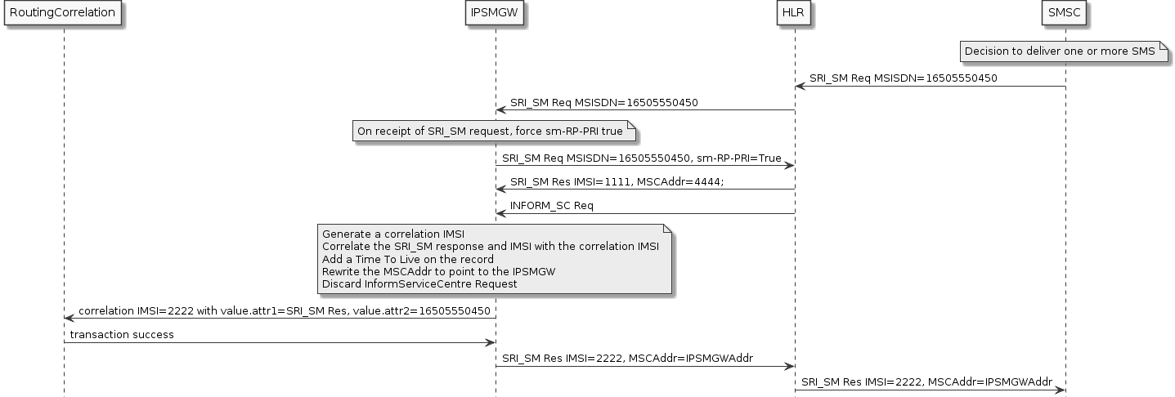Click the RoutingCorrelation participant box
pos(63,13)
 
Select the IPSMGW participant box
pos(495,13)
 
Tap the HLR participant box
pos(794,13)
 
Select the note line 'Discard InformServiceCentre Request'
pos(419,284)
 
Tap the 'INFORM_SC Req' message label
pos(552,206)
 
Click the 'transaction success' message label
pos(122,335)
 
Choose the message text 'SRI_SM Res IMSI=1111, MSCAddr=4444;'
pos(617,182)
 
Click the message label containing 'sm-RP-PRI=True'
pos(641,158)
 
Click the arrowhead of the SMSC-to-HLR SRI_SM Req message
pos(800,86)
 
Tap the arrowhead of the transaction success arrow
pos(491,342)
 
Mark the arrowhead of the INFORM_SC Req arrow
pos(500,214)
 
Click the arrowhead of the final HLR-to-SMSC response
pos(1061,390)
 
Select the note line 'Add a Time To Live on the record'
pos(407,259)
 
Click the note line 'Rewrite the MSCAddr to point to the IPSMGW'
pos(438,271)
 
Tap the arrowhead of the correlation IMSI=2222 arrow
pos(69,319)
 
